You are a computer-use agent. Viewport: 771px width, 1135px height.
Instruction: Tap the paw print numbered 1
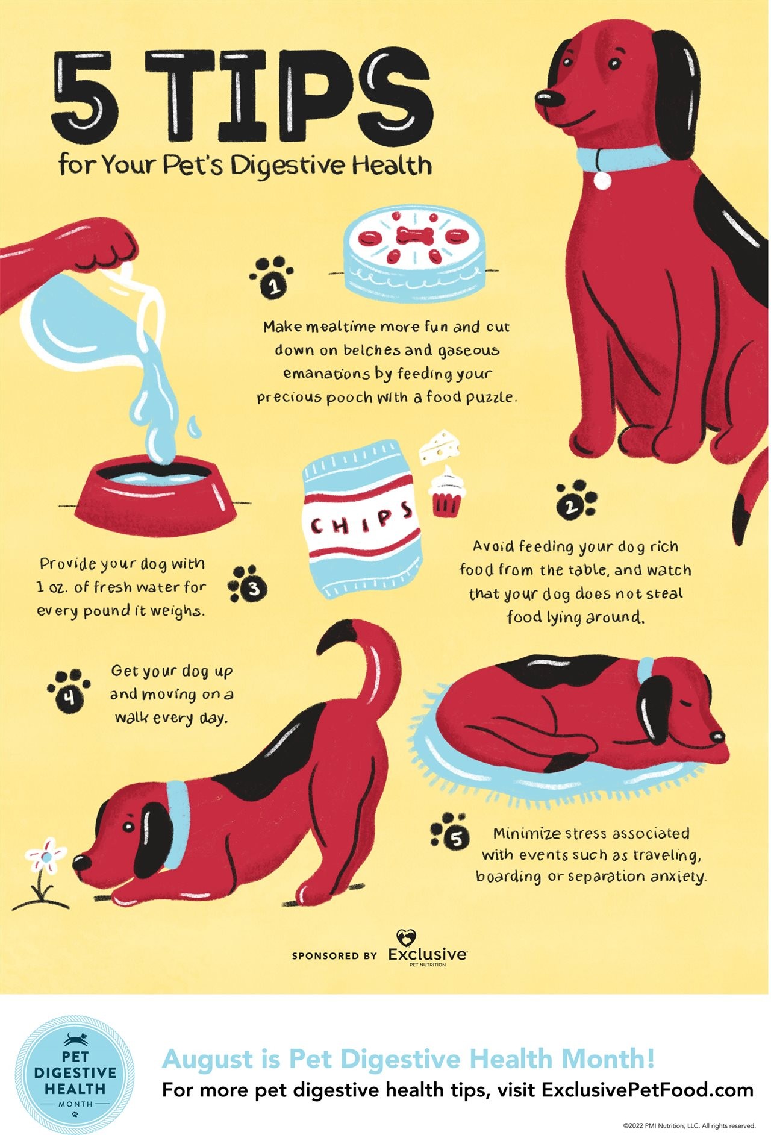pos(272,277)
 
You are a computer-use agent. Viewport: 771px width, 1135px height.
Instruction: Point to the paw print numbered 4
pos(70,690)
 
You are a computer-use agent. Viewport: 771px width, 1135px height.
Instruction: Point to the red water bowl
pos(156,492)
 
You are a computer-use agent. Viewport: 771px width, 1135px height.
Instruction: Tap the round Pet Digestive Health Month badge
pos(75,1075)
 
